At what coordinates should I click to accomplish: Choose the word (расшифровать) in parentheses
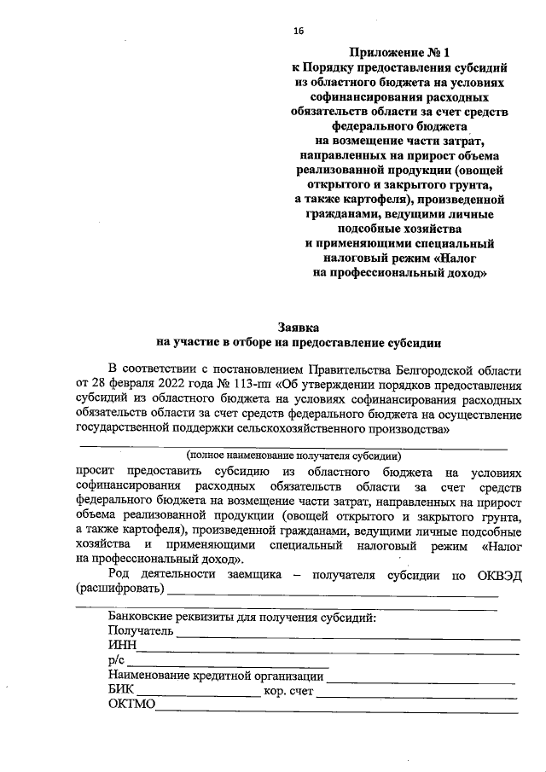point(119,589)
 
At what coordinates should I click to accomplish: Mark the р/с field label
point(117,661)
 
